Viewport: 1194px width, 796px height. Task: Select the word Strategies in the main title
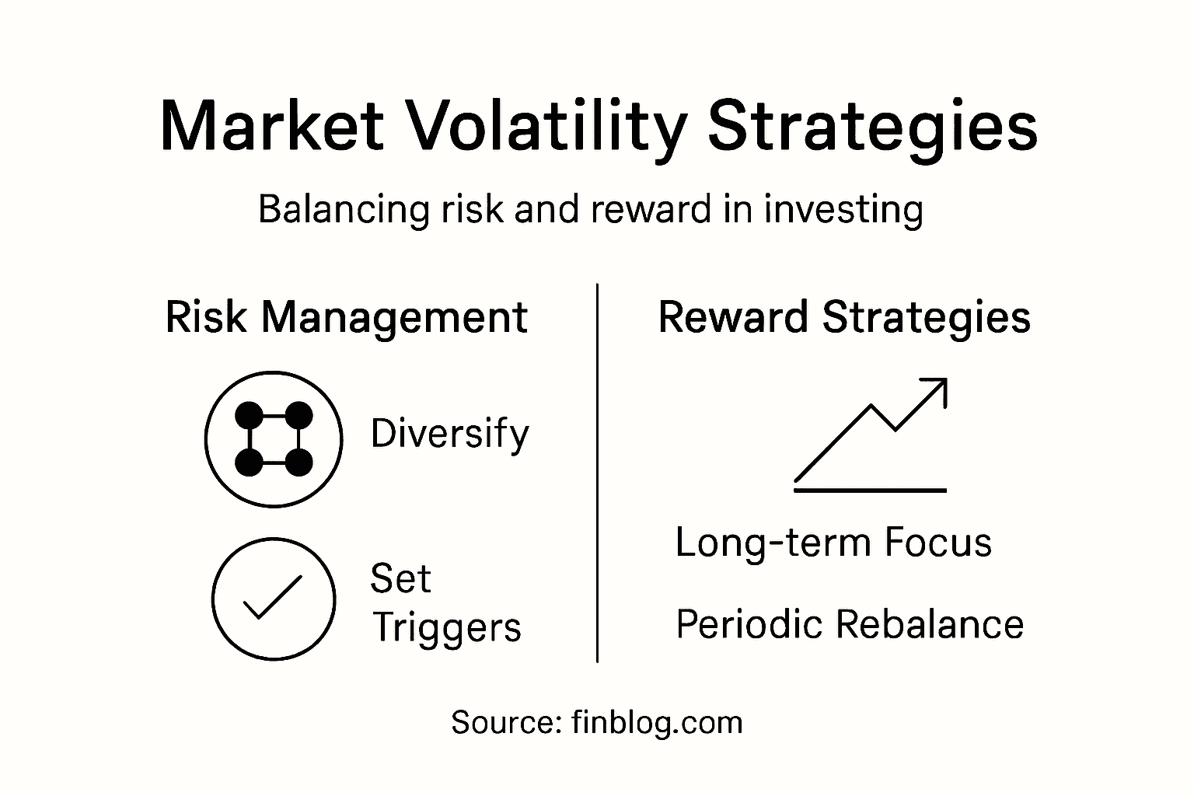tap(872, 127)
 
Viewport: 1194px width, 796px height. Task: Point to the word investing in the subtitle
tap(844, 210)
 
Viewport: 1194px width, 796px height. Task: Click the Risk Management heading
tap(347, 318)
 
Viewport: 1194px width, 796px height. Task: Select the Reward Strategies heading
tap(844, 318)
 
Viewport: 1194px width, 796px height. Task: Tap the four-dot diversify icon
tap(274, 439)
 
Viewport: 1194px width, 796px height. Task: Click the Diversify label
tap(449, 434)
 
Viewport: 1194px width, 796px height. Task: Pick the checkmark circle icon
tap(274, 599)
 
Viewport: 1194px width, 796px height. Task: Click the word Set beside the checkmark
tap(400, 579)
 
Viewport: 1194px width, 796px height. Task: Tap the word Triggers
tap(446, 628)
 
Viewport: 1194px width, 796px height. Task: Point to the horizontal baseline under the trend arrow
tap(870, 490)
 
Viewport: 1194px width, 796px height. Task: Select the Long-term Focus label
tap(833, 543)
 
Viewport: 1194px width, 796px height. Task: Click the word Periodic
tap(745, 625)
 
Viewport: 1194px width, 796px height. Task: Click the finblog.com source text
tap(657, 723)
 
